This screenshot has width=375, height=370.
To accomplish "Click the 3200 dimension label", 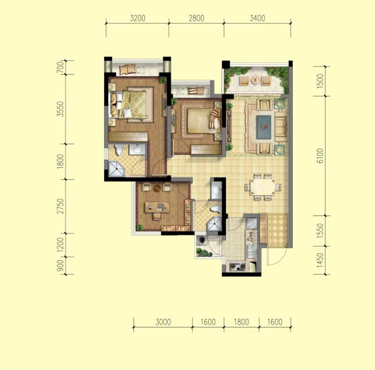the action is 137,18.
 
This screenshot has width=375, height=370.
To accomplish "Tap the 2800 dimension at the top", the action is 196,18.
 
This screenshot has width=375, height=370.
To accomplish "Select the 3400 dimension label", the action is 257,18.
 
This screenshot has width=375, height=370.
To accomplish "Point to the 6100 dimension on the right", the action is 320,156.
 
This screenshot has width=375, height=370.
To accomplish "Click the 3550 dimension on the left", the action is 61,109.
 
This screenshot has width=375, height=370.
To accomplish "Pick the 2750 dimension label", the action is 61,206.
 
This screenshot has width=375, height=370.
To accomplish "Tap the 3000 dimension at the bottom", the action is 163,322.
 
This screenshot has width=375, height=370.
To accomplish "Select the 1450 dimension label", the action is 320,261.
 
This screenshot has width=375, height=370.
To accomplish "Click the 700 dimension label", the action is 61,67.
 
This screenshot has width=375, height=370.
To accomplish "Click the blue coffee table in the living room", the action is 264,127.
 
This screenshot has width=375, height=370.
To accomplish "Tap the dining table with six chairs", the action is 262,187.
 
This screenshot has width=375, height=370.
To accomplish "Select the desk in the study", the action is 157,207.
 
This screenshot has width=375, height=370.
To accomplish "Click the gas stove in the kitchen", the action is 237,266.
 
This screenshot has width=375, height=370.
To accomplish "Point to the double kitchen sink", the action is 251,251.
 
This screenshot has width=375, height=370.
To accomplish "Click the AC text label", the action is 180,91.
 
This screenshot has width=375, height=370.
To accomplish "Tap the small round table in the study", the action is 157,188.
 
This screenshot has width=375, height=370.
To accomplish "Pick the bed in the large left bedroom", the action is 128,104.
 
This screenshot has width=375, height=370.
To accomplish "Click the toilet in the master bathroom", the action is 119,149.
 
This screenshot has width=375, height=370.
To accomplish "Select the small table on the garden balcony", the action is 255,80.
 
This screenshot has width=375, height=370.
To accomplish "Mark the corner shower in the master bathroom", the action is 117,169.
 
